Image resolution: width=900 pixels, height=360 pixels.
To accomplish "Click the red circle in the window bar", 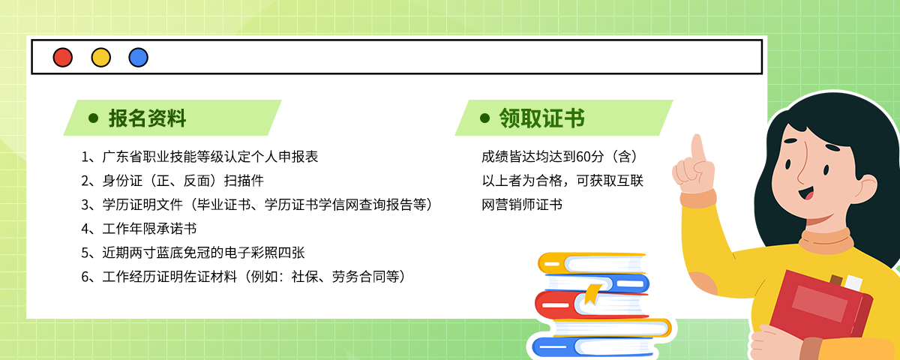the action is pos(63,58).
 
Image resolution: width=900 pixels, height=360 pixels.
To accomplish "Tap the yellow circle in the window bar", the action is pos(100,58).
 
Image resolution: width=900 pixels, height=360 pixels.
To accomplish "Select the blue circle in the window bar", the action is pos(138,58).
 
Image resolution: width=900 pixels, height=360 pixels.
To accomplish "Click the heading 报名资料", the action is pos(147,118).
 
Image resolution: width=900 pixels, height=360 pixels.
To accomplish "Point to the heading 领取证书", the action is pos(541,118).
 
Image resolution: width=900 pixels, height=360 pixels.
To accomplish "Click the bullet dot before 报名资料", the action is pos(93,118).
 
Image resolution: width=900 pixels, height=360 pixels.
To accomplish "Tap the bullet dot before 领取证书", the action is pos(485,118).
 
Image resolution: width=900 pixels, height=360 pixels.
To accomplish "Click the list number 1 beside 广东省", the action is pos(85,157).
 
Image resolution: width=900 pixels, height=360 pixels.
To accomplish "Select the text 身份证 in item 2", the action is pos(122,181).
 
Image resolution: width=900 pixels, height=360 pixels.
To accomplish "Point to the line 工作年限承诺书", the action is pos(149,229).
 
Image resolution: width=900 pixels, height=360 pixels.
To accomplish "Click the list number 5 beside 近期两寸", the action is pos(85,253).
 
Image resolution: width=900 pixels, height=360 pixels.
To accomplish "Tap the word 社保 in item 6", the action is pos(305,277).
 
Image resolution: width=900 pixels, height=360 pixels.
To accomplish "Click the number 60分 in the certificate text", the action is pos(589,157).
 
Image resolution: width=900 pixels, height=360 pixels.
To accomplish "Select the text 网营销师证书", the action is pos(522,205).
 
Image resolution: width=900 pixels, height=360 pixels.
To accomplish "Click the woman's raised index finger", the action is pos(698,148).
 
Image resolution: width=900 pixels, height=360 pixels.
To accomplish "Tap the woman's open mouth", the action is pos(807,193).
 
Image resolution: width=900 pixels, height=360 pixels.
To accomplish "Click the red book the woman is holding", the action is pos(820,308).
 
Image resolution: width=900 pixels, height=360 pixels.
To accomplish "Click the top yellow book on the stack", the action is pos(592,263).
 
